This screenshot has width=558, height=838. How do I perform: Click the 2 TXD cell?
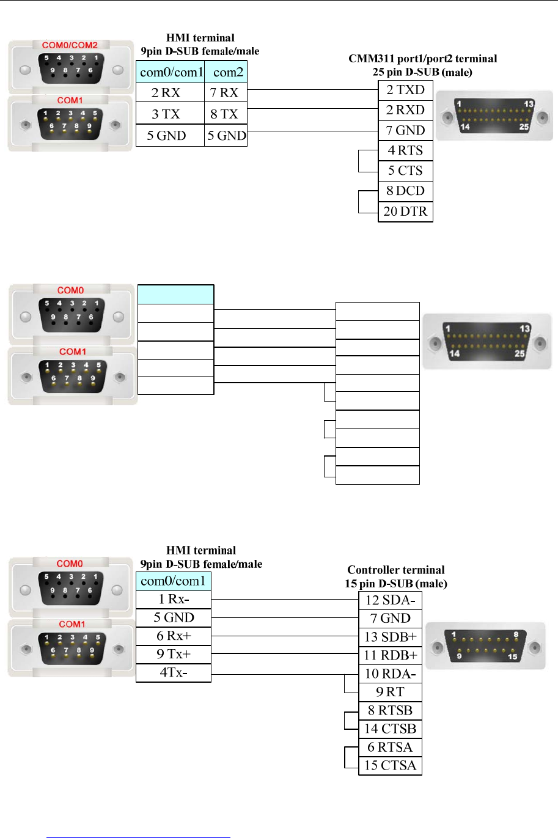coord(405,90)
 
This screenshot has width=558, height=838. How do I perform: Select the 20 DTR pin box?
coord(405,211)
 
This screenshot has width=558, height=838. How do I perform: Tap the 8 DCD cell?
coord(405,191)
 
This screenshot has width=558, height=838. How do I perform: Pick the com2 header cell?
coord(226,72)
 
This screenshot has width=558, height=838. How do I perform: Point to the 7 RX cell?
coord(225,93)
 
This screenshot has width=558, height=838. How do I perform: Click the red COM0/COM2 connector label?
coord(70,45)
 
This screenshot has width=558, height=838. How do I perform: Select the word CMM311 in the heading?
coord(369,59)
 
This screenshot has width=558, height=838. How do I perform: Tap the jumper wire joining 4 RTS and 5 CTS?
coord(359,161)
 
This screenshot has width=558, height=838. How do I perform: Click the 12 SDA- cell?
coord(390,600)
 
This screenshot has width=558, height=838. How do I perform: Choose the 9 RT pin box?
coord(390,692)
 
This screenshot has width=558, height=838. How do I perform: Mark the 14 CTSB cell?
coord(390,729)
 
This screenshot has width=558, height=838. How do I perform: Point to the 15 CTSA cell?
coord(390,765)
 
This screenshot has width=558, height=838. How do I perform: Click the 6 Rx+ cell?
coord(174,636)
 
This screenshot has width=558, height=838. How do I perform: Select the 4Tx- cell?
coord(174,673)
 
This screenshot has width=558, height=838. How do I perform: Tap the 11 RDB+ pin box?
coord(390,655)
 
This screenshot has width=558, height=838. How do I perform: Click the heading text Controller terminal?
coord(395,570)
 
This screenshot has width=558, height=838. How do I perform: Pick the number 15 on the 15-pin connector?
coord(512,657)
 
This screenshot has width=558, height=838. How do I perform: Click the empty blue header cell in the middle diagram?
coord(176,295)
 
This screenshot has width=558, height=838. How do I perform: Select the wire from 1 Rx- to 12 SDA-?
coord(284,600)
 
